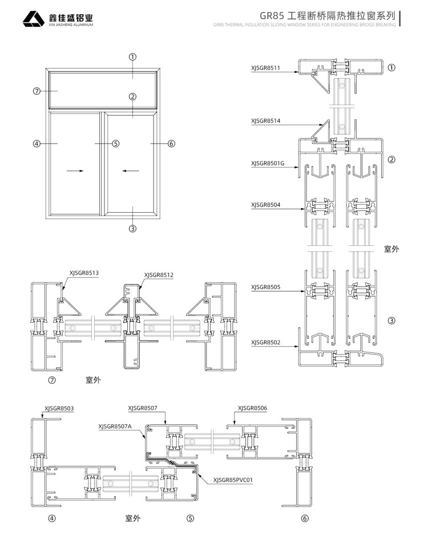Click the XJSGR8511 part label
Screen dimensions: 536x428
click(265, 68)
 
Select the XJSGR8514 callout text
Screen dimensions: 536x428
click(265, 121)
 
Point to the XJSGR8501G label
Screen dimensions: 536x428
click(267, 163)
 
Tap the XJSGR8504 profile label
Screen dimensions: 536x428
click(265, 205)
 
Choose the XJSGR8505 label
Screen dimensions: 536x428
click(265, 287)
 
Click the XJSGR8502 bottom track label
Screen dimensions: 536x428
click(265, 342)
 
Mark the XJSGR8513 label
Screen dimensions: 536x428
click(84, 273)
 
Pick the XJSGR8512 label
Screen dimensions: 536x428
click(159, 275)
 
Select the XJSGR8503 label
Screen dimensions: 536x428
click(59, 408)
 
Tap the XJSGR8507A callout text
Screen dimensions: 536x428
click(115, 426)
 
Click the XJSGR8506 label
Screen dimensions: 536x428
click(252, 408)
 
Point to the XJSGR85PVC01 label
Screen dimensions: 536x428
click(233, 480)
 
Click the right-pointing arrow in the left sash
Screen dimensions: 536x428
click(75, 170)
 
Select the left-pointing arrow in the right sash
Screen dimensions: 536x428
click(131, 170)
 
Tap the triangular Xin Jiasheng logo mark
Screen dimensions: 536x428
click(34, 19)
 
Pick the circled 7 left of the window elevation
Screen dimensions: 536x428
click(37, 91)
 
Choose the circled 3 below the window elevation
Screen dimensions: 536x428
click(132, 229)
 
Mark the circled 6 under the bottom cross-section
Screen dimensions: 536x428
click(304, 518)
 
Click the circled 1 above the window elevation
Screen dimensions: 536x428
click(132, 57)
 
